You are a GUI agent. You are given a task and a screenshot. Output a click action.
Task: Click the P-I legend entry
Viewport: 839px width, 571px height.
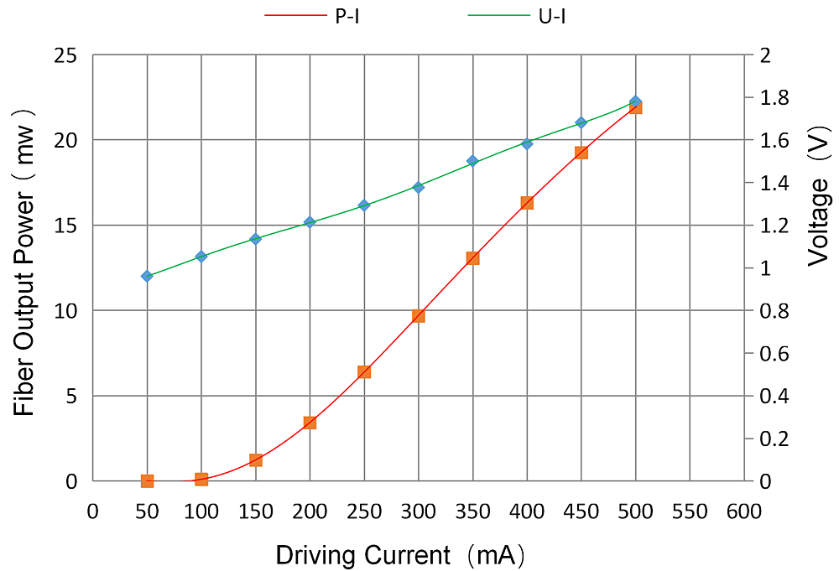312,15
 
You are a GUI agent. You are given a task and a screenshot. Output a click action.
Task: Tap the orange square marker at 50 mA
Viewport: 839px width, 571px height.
147,481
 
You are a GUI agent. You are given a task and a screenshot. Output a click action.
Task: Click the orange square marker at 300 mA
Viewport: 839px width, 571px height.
419,316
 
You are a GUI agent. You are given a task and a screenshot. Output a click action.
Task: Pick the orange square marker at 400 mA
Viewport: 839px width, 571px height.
527,203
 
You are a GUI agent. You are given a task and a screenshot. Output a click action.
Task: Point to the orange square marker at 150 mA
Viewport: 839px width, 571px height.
256,460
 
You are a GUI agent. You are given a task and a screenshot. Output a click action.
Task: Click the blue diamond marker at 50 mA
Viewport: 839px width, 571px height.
147,276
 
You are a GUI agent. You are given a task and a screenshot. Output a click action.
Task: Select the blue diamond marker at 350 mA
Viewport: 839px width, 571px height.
472,161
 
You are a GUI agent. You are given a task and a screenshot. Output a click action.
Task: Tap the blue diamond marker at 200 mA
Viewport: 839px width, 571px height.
310,222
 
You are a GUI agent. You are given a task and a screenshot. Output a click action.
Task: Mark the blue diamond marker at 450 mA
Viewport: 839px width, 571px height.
581,122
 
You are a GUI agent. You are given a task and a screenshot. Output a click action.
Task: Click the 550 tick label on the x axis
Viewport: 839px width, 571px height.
690,511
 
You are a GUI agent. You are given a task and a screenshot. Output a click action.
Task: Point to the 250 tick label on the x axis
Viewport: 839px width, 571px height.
364,511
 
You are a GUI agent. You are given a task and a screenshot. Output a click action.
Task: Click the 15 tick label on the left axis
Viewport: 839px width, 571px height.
65,226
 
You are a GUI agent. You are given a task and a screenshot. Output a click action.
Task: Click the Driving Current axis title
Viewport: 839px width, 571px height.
400,554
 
